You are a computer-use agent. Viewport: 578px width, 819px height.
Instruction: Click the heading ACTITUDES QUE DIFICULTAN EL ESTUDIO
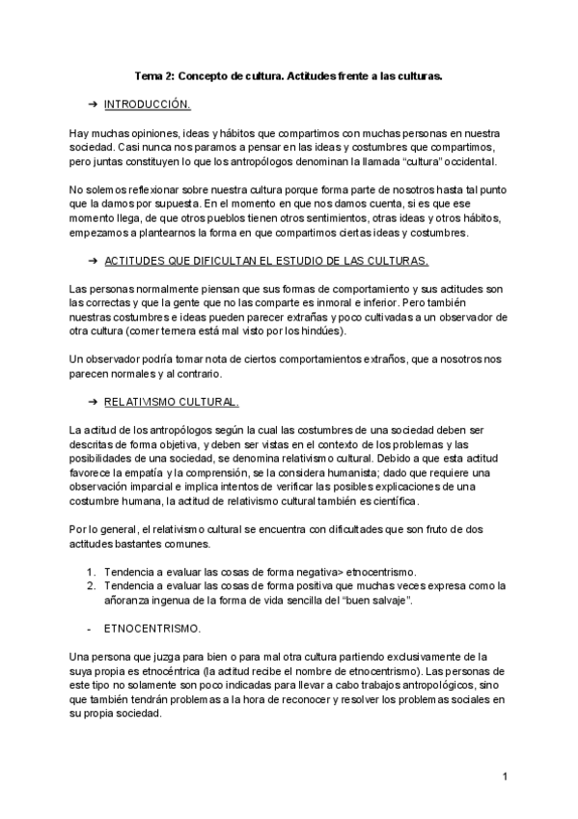(265, 261)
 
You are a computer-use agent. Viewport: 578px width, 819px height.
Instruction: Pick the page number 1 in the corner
(505, 777)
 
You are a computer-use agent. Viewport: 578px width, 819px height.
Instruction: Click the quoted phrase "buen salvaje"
(384, 600)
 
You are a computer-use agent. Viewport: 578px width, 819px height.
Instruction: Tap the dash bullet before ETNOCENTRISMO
(90, 627)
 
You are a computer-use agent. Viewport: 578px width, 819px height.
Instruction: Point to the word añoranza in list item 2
(128, 600)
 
